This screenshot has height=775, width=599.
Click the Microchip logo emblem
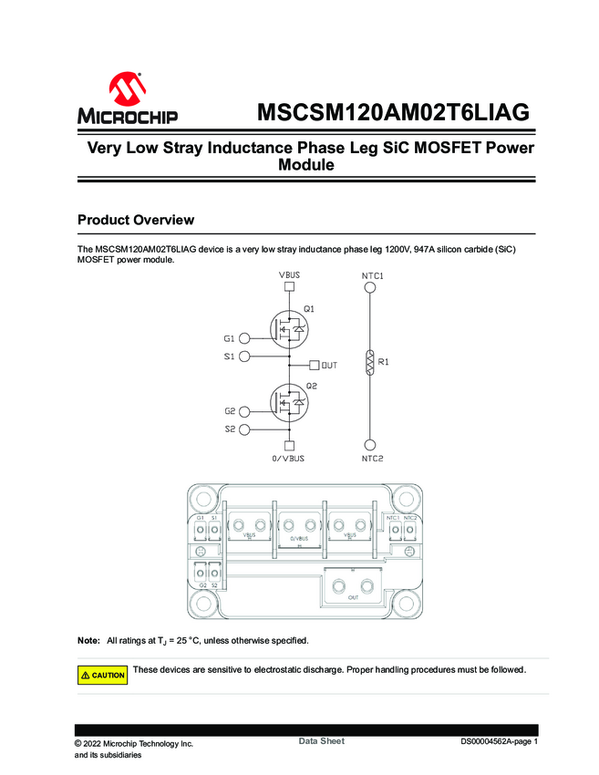coord(128,90)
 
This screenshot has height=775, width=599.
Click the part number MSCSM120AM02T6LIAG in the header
coord(393,114)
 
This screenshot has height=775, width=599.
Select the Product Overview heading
coord(136,220)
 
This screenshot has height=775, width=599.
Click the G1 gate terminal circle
coord(243,338)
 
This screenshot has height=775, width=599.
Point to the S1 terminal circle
coord(243,356)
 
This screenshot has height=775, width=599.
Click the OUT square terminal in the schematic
coord(315,365)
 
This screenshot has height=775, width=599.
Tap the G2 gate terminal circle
coord(243,411)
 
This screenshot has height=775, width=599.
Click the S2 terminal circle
coord(243,429)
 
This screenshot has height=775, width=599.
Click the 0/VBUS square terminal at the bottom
coord(289,446)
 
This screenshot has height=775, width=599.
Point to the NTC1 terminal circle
coord(370,288)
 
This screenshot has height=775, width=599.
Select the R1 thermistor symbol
coord(370,362)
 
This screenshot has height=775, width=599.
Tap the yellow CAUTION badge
coord(102,676)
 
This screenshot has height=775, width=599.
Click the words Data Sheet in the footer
coord(321,741)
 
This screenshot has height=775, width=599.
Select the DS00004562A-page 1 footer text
coord(499,742)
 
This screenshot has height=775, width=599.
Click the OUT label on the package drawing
coord(353,597)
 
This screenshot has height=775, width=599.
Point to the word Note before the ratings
coord(88,640)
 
